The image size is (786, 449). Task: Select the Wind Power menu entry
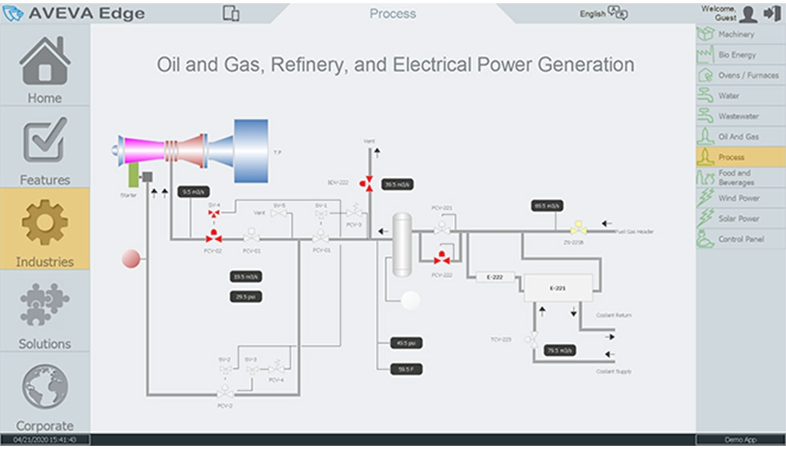(x=738, y=198)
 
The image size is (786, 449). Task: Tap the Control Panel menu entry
(x=741, y=239)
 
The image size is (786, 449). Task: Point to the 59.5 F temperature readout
(x=405, y=370)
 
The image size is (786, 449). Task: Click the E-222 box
(x=494, y=277)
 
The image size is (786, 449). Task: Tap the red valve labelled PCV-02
(x=214, y=237)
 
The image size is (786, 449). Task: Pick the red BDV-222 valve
(x=368, y=183)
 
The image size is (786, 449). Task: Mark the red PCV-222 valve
(x=441, y=258)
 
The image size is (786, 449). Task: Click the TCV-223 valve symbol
(x=530, y=339)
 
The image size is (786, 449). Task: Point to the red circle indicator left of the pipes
(x=131, y=258)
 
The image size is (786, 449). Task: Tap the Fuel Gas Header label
(x=634, y=232)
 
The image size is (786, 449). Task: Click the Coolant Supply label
(x=614, y=371)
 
